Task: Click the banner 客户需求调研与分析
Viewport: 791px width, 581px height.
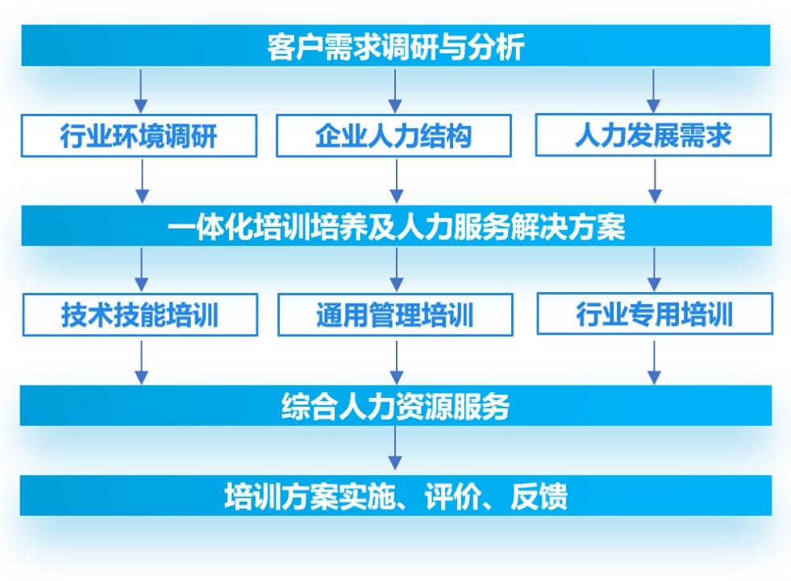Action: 395,45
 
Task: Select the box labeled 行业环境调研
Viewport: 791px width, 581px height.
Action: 139,136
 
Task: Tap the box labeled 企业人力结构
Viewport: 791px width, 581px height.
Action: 394,136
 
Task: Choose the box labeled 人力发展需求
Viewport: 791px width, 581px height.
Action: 653,135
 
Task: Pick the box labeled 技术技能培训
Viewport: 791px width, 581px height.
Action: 140,315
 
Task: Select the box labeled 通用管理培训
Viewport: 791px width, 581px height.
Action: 395,315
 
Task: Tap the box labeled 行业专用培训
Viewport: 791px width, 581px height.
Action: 655,313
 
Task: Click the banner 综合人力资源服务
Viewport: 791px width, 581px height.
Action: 396,405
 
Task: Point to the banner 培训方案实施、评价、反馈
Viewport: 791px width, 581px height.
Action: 396,495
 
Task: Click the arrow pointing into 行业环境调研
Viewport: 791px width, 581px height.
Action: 141,91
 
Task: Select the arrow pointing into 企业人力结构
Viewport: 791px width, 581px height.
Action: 395,91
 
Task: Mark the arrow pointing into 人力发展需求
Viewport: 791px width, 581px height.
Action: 653,91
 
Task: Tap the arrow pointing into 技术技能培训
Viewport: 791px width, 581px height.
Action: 142,270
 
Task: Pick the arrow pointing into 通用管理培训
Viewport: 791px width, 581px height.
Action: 397,270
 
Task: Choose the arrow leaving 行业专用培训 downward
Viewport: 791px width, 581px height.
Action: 654,362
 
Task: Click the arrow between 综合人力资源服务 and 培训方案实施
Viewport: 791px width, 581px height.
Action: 395,448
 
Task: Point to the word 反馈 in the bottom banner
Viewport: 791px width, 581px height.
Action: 539,495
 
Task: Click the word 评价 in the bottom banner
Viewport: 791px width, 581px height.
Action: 452,495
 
